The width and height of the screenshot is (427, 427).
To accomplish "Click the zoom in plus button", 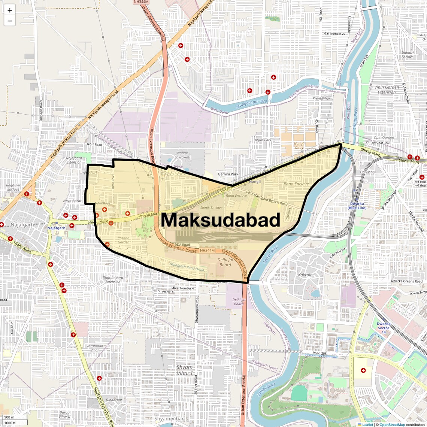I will click(10, 10).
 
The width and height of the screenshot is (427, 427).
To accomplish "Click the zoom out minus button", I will click(10, 21).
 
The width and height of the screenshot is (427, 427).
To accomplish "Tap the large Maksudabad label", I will click(221, 220).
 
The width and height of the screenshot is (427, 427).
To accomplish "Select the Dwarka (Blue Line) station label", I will click(357, 206).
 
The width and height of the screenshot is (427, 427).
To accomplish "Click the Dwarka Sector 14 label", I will click(384, 328).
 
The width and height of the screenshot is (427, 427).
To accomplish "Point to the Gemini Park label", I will click(228, 174).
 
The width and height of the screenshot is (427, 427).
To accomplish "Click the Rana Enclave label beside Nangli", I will click(296, 184).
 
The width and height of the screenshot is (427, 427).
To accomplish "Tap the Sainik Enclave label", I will click(211, 208).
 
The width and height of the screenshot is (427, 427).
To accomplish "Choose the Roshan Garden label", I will click(124, 240).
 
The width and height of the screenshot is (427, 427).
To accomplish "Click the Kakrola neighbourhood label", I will click(305, 275).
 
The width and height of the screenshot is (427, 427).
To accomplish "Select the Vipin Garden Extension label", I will click(387, 90).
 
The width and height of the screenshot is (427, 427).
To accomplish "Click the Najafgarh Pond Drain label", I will click(187, 267).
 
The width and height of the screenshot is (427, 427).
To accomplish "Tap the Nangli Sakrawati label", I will click(182, 155).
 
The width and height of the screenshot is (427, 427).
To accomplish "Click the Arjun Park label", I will click(263, 140).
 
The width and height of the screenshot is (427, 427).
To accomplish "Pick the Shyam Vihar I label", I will click(185, 370).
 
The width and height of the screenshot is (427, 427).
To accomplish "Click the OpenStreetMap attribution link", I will click(392, 425).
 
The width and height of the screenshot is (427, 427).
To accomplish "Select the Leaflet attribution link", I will click(367, 425).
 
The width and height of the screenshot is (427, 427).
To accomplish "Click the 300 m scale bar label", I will click(9, 417).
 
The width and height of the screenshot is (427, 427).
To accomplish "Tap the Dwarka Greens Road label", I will click(406, 281).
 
